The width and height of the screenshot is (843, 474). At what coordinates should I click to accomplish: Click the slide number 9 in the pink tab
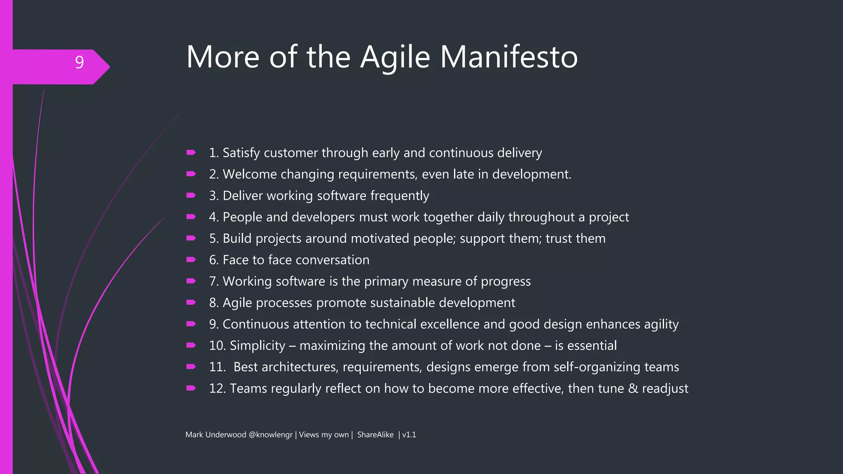79,63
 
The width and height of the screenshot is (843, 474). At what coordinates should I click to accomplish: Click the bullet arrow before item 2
191,174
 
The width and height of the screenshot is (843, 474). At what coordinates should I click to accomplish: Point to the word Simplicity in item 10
257,346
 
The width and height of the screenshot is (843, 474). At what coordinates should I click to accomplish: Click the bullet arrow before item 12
191,388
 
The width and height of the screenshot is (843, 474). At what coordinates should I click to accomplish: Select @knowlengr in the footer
270,435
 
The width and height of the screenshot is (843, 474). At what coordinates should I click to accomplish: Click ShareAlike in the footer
375,435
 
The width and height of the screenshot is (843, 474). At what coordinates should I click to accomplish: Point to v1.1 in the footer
409,435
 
